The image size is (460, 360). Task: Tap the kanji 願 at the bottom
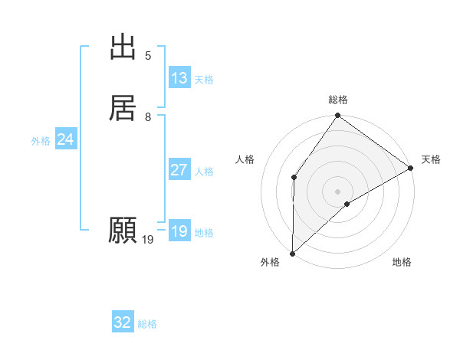(123, 230)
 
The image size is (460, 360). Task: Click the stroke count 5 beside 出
(148, 56)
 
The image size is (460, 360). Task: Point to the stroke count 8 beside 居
(148, 117)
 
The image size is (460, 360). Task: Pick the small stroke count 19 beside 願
(148, 240)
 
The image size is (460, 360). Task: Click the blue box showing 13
(179, 78)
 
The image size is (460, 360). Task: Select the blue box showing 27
(179, 170)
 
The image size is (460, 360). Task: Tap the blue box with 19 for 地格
(179, 231)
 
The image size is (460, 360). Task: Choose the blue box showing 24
(65, 139)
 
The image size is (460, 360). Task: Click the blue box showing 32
(123, 322)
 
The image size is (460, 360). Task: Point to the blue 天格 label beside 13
(203, 80)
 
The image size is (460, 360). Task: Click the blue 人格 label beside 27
(203, 172)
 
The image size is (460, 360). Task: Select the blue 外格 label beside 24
(41, 141)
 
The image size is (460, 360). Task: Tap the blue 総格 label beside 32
(147, 324)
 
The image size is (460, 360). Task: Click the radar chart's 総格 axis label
(338, 100)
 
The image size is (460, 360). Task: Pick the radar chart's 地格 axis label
(402, 263)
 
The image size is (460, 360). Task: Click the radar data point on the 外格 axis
(292, 253)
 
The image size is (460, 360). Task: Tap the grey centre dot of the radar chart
(337, 191)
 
